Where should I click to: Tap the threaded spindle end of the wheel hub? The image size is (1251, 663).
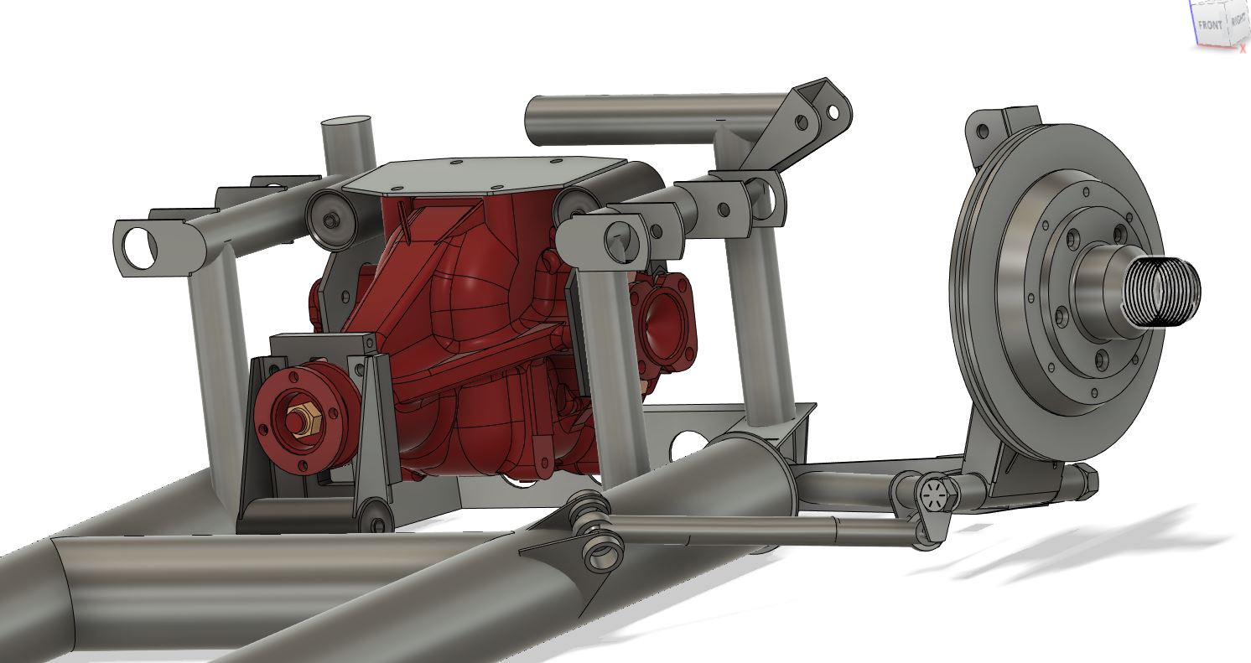(1165, 291)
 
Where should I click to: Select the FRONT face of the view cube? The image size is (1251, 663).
(1210, 24)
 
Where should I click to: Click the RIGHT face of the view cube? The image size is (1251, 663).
(1238, 23)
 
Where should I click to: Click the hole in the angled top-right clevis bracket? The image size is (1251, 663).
(833, 111)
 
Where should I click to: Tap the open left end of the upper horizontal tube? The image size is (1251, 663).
(537, 121)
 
